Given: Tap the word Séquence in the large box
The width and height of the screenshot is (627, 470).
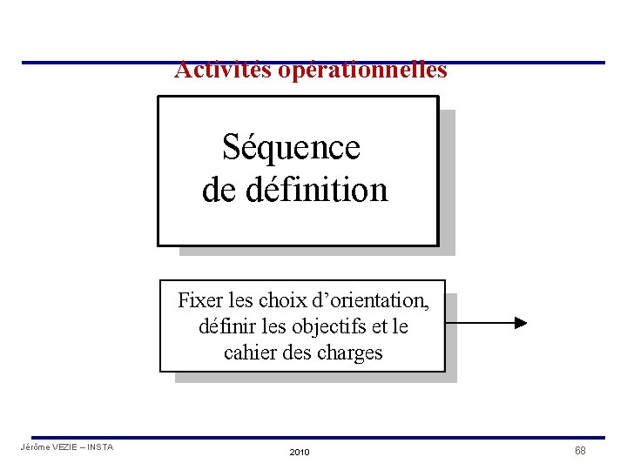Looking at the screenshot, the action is [x=291, y=147].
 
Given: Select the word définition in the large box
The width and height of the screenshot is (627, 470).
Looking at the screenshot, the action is [x=316, y=189].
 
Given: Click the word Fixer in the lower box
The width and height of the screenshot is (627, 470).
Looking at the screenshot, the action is [x=199, y=301].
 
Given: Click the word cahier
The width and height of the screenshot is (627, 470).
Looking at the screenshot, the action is [x=248, y=352].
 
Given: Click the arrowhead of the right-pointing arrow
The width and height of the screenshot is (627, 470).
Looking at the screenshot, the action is [x=521, y=323].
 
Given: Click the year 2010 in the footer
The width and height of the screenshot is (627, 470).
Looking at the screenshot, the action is [x=299, y=453].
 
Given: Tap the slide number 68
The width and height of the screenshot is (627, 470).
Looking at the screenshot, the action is [x=580, y=450].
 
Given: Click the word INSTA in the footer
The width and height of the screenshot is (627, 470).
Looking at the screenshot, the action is [x=99, y=447].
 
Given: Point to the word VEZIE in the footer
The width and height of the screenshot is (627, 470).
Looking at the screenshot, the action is [x=66, y=447].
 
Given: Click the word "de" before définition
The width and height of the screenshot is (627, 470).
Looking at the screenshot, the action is [x=219, y=189].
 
